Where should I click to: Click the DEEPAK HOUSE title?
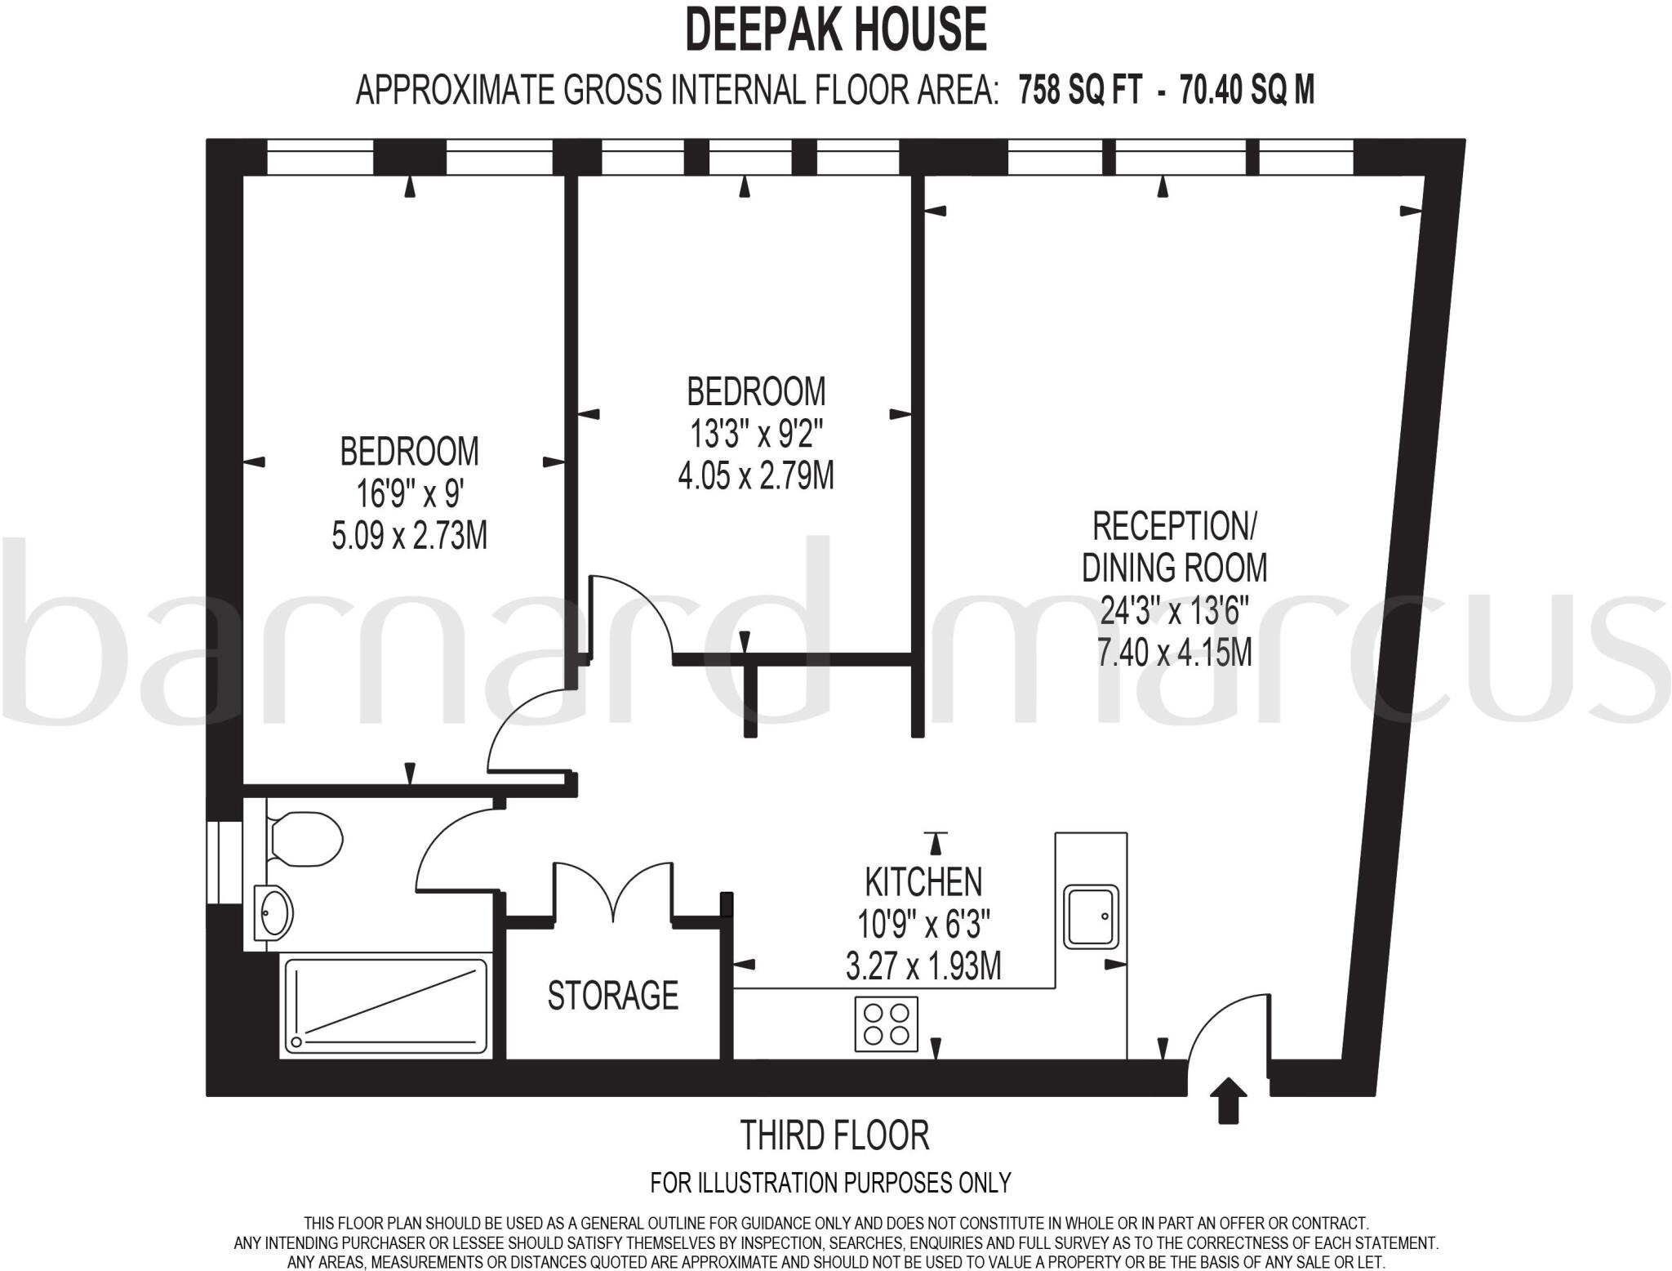835,29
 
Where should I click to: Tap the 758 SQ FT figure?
1079,90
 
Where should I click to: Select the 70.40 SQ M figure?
1247,90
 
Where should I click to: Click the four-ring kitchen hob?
887,1023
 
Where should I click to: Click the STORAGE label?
612,995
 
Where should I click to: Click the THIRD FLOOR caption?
834,1135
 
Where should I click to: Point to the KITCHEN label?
923,881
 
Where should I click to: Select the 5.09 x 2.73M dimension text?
409,536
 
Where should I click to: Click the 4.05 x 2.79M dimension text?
756,475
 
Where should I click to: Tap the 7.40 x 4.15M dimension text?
1175,652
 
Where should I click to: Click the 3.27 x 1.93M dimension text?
923,966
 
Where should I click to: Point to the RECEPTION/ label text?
1175,526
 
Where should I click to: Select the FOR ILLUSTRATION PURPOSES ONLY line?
830,1182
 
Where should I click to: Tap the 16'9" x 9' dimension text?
410,493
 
